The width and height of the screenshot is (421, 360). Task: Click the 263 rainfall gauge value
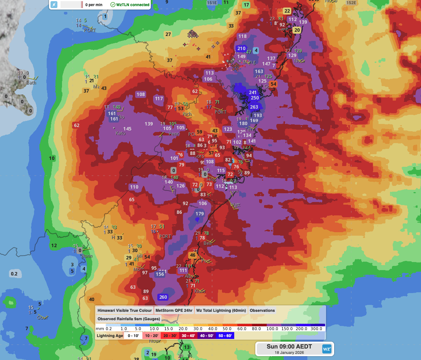(254, 107)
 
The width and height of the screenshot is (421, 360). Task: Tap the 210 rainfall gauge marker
(241, 48)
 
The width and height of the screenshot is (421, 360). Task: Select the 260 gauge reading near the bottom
(163, 297)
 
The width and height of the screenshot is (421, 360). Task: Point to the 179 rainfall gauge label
(200, 214)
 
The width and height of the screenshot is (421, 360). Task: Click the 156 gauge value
(160, 274)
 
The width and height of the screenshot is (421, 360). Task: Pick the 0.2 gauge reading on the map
(14, 274)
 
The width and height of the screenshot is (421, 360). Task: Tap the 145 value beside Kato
(127, 129)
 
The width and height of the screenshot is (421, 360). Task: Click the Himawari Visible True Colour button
(124, 310)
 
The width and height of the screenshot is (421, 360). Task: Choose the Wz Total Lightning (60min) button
(221, 310)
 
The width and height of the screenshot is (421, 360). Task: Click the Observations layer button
(262, 310)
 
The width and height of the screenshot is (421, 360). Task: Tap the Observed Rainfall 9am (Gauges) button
(129, 319)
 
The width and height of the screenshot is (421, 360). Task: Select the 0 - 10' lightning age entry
(134, 336)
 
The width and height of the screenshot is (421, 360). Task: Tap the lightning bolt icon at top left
(54, 5)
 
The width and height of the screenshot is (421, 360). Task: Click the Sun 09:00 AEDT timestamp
(289, 347)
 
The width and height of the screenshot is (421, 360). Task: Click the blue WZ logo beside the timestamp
(326, 349)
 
